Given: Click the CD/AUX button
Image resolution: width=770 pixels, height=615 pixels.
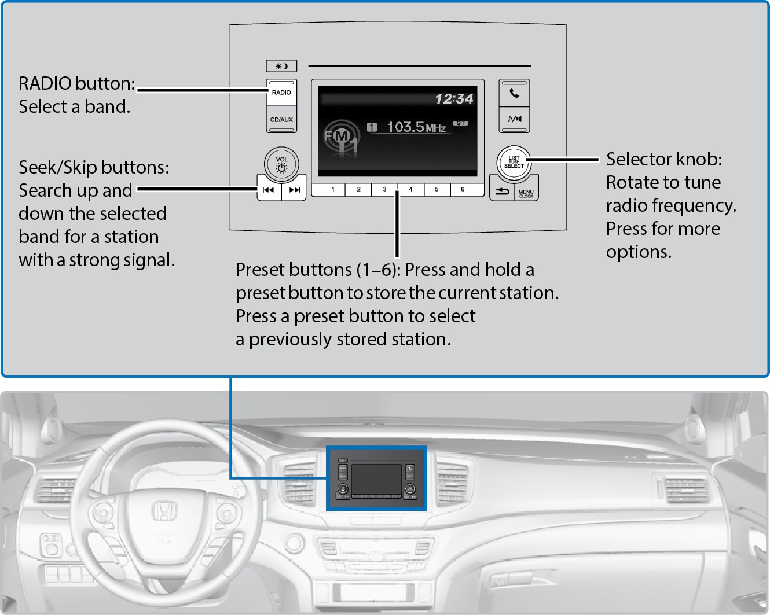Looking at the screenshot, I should click(281, 120).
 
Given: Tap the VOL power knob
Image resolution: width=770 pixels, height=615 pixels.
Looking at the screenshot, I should click(281, 164).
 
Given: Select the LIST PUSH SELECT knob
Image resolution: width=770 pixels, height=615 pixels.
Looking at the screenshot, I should click(514, 162).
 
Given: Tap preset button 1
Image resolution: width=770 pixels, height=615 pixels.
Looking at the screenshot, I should click(333, 189).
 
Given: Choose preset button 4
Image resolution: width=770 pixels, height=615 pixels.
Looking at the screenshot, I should click(410, 189).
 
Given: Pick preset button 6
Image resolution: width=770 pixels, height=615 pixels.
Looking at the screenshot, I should click(463, 189).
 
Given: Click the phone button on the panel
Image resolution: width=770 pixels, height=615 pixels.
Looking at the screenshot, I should click(514, 93).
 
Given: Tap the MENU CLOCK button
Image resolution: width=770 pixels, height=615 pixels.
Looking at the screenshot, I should click(526, 193).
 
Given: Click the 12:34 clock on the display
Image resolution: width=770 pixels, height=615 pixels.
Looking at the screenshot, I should click(454, 99).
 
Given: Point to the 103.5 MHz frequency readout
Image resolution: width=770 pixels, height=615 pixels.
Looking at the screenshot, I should click(416, 127).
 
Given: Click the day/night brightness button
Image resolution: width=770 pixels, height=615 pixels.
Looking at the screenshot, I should click(281, 66).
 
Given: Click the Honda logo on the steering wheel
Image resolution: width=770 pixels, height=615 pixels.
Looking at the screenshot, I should click(164, 511).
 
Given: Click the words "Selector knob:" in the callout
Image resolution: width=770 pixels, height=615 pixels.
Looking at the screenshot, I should click(664, 159).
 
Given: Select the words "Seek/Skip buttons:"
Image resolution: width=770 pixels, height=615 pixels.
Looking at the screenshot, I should click(94, 167).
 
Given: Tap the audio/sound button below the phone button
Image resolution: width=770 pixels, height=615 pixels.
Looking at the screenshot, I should click(514, 119).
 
